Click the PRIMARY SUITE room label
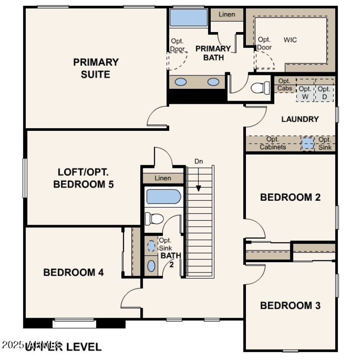pyautogui.click(x=96, y=68)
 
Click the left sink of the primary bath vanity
pyautogui.click(x=180, y=82)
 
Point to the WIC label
pyautogui.click(x=290, y=40)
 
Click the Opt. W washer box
pyautogui.click(x=305, y=93)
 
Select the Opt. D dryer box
pyautogui.click(x=324, y=93)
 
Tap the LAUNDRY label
pyautogui.click(x=300, y=119)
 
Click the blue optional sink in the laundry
pyautogui.click(x=307, y=143)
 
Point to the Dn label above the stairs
pyautogui.click(x=199, y=161)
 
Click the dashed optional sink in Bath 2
pyautogui.click(x=151, y=246)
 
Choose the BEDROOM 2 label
pyautogui.click(x=290, y=197)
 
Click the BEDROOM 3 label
pyautogui.click(x=290, y=305)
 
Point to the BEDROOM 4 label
pyautogui.click(x=74, y=273)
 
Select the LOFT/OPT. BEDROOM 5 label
pyautogui.click(x=83, y=178)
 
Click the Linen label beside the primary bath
pyautogui.click(x=227, y=14)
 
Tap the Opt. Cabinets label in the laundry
pyautogui.click(x=273, y=143)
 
